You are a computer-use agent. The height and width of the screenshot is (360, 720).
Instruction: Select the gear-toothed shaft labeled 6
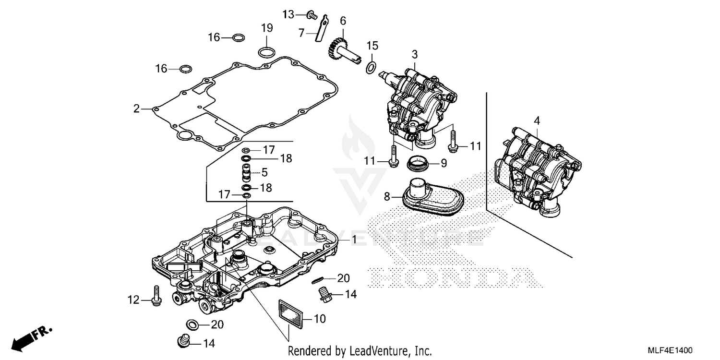342,50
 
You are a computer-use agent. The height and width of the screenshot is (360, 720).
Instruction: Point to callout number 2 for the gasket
137,109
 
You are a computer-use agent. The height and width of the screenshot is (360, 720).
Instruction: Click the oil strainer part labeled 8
427,197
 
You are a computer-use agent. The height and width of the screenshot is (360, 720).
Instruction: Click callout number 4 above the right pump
537,120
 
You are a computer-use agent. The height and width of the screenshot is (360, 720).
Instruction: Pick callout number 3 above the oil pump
414,54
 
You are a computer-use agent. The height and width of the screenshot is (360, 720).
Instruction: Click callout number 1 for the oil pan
354,239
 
